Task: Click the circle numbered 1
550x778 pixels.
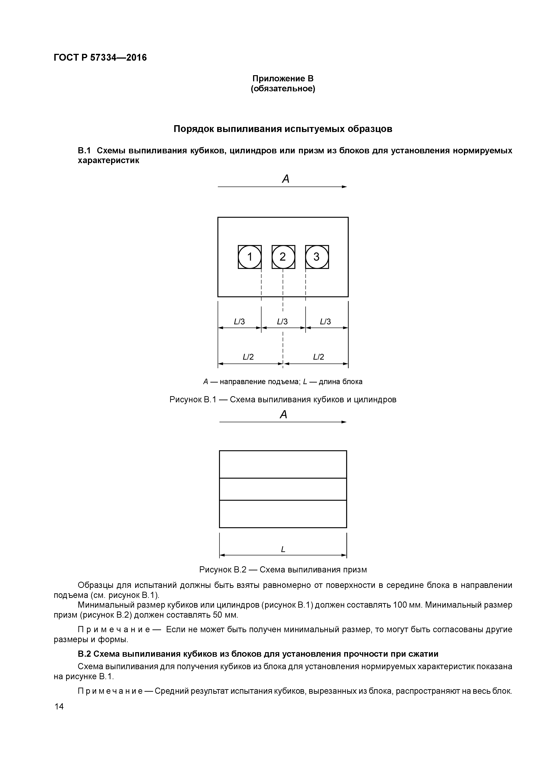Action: click(x=250, y=257)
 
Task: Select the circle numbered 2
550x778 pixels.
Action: click(x=283, y=257)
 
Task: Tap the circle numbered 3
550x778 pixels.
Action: click(x=316, y=257)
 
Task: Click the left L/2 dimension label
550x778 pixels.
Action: click(x=248, y=357)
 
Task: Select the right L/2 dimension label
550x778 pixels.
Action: click(x=319, y=357)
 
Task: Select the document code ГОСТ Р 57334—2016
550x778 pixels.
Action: click(x=100, y=58)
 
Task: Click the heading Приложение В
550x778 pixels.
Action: click(x=283, y=79)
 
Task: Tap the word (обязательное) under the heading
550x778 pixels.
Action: click(x=283, y=89)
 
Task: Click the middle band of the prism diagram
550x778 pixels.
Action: click(x=283, y=489)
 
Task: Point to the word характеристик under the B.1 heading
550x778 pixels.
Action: click(x=108, y=161)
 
